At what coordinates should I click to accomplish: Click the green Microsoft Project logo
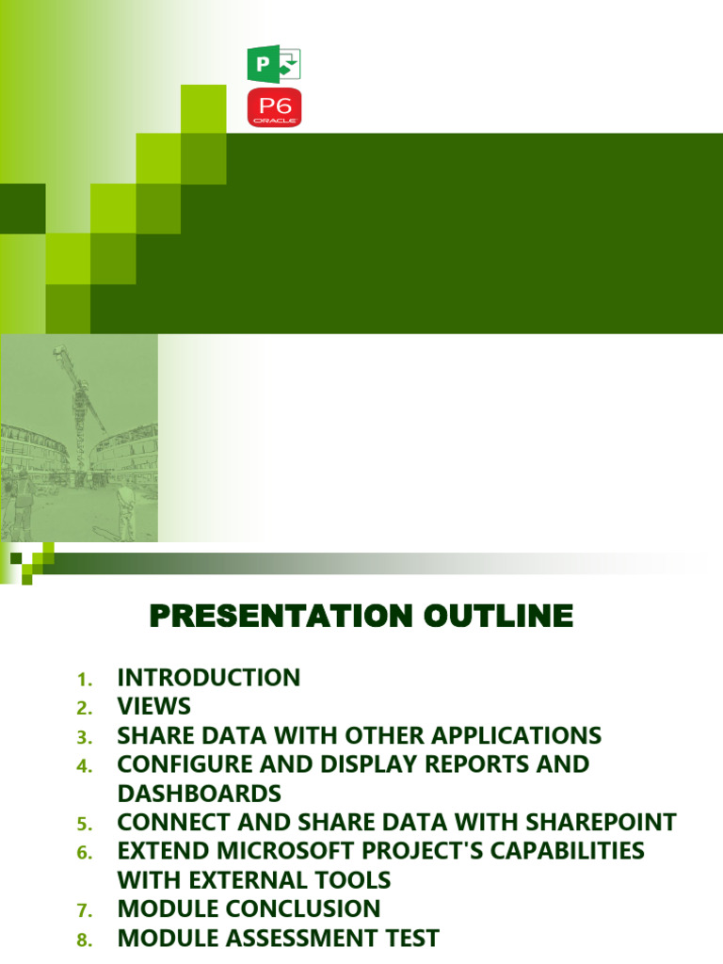tap(273, 64)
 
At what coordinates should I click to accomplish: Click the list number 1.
tap(83, 680)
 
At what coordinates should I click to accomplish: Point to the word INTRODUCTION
tap(208, 677)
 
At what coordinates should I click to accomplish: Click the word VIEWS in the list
tap(153, 706)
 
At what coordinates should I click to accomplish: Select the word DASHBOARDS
tap(199, 793)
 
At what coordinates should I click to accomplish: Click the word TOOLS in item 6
tap(354, 880)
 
